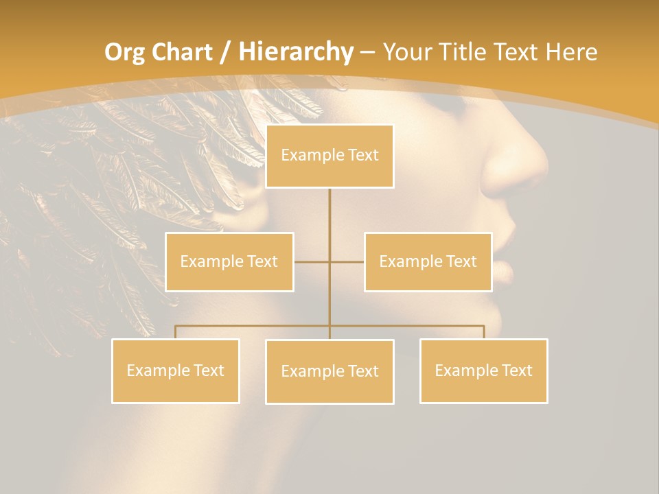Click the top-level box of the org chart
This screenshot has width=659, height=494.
point(329,156)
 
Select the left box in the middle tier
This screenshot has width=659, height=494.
point(229,261)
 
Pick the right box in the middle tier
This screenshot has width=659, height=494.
point(428,261)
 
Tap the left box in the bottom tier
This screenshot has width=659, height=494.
point(176,370)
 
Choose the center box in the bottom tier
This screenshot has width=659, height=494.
point(329,371)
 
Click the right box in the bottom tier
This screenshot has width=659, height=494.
point(483,370)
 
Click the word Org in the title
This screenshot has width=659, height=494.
point(126,52)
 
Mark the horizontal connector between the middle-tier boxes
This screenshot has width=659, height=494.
point(329,261)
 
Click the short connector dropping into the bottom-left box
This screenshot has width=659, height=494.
point(176,332)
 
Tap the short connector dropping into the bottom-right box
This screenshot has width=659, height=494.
point(483,332)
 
